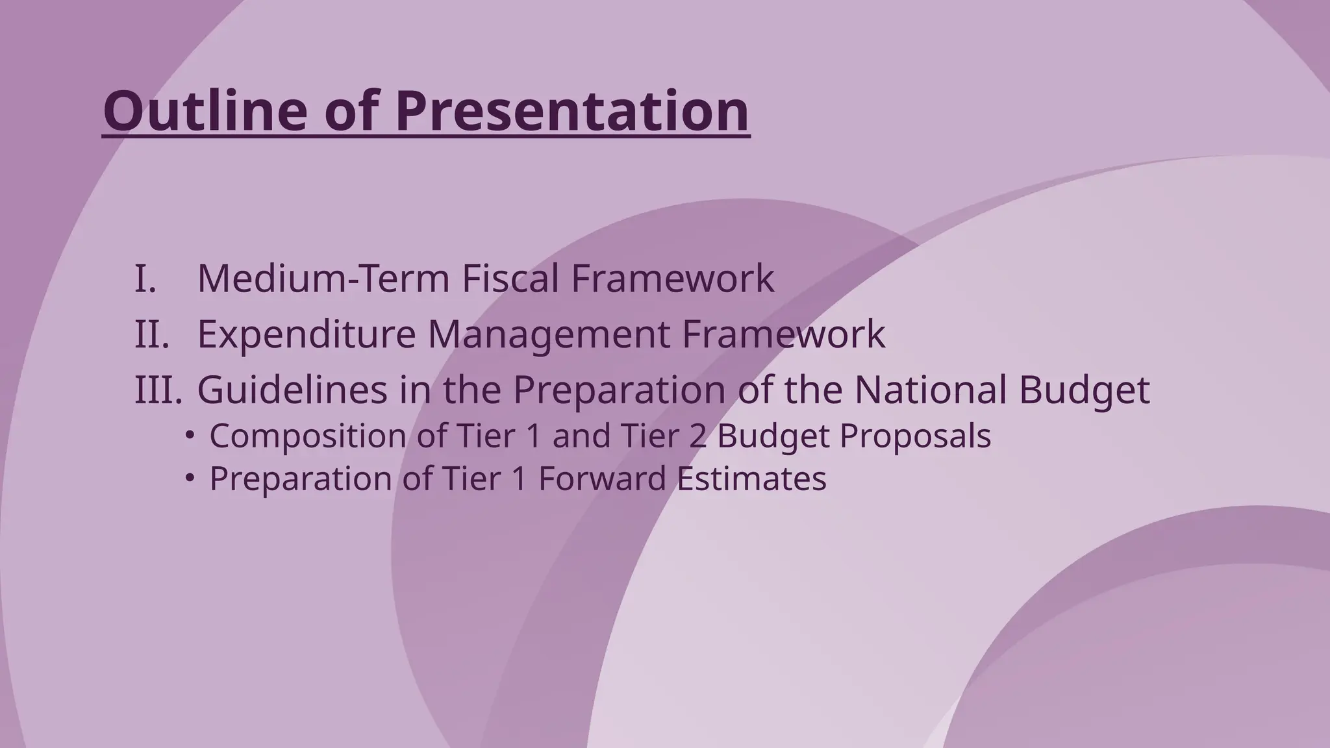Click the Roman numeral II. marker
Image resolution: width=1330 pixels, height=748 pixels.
pyautogui.click(x=152, y=334)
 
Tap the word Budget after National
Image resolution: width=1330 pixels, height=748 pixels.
pyautogui.click(x=1084, y=390)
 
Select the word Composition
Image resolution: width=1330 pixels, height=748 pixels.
pyautogui.click(x=308, y=436)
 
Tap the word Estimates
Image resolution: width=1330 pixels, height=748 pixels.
pyautogui.click(x=751, y=479)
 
